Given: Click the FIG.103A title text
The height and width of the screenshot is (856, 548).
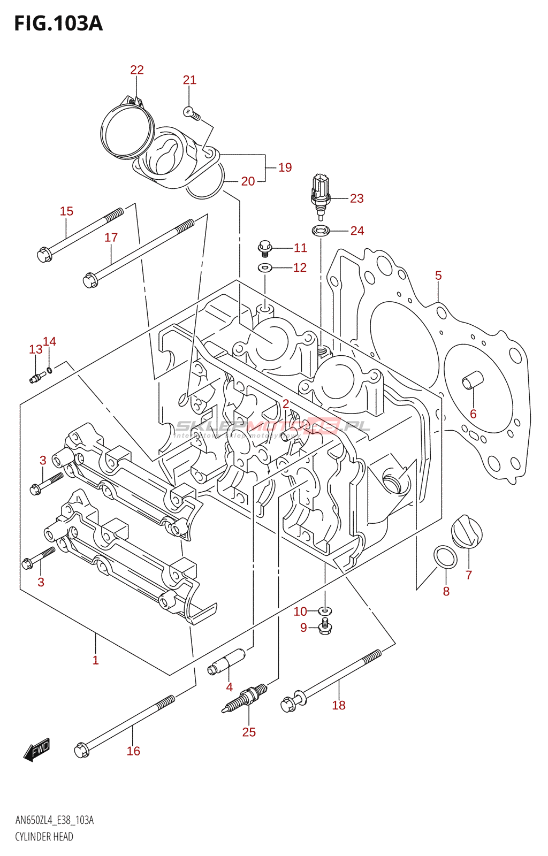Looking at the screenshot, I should point(58,24).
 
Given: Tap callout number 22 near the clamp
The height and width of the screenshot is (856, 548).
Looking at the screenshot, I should point(137,70).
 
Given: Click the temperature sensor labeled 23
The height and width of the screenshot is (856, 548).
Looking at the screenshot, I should point(320,195).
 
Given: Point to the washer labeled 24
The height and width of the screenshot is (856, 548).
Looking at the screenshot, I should point(321,231).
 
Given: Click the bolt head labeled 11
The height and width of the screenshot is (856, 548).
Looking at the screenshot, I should point(264,247).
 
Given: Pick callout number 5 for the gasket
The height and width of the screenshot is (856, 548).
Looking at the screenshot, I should point(438,276).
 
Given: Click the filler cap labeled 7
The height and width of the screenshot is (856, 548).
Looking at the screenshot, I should point(467,532).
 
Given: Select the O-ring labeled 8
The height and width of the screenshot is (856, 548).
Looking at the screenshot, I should point(445,557).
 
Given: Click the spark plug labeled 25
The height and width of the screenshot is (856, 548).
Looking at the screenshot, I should point(246,698).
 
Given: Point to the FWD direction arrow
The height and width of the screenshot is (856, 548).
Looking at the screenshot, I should point(36,750).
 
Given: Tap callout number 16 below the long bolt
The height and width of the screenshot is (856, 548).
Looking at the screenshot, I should point(133,751).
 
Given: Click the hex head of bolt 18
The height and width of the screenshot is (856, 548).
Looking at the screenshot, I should point(288,704).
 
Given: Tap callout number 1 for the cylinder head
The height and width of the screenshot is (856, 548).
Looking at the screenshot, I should point(95,660).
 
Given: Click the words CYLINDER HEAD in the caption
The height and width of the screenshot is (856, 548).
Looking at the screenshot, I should point(44,837).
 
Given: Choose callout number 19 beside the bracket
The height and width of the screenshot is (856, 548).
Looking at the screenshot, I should point(285,167).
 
